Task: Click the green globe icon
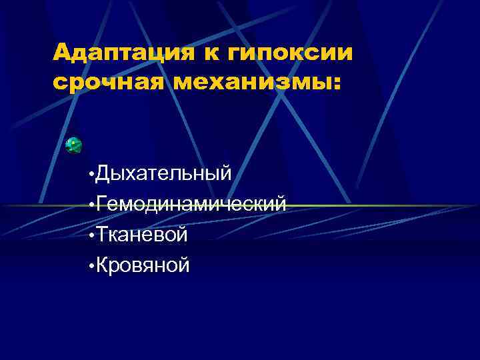(x=74, y=144)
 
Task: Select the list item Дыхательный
(x=164, y=174)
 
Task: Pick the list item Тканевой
(x=142, y=234)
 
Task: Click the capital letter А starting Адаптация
(x=62, y=51)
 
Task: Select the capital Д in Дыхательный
(x=103, y=174)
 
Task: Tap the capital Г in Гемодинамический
(x=102, y=203)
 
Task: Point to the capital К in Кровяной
(x=103, y=265)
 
